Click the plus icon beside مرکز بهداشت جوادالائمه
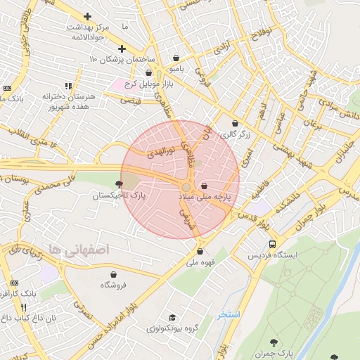87,16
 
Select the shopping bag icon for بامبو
176,58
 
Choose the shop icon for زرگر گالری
235,124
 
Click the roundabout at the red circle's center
186,186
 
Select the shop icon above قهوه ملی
200,251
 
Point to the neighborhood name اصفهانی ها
77,249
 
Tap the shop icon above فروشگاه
113,274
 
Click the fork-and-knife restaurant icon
24,307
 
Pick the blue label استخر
229,314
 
